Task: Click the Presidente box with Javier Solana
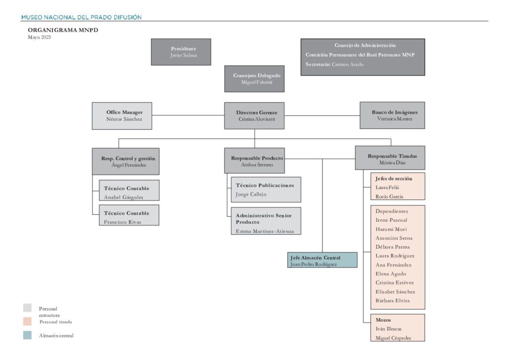click(x=181, y=52)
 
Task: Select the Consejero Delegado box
click(x=254, y=79)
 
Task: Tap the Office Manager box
click(x=122, y=116)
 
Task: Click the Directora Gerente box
click(x=254, y=116)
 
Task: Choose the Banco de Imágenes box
click(x=393, y=115)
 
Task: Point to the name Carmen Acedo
click(x=347, y=64)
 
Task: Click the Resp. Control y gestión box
click(x=126, y=161)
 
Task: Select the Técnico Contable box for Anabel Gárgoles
click(x=129, y=190)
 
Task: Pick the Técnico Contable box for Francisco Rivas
click(x=129, y=215)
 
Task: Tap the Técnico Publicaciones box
click(x=266, y=189)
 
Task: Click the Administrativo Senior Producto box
click(x=266, y=221)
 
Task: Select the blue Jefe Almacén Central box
click(x=322, y=260)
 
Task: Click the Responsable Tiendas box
click(x=390, y=158)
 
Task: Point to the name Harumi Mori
click(x=391, y=229)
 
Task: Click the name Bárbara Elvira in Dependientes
click(x=393, y=301)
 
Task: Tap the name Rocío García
click(x=389, y=196)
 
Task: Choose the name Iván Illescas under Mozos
click(x=389, y=329)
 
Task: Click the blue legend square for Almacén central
click(x=28, y=335)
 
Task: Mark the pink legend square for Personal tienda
click(x=28, y=321)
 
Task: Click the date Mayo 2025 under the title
click(x=39, y=37)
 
